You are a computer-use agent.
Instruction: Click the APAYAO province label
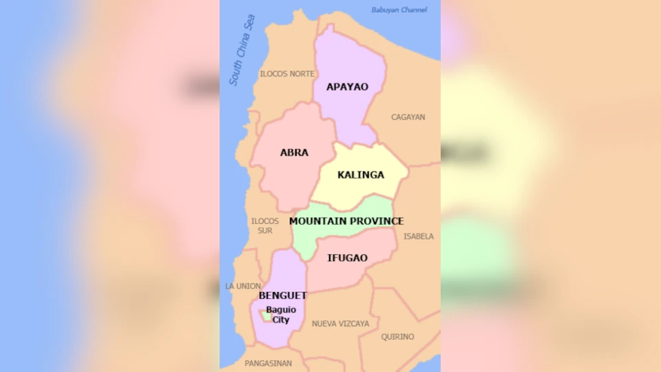click(347, 87)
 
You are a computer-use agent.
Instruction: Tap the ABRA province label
click(294, 152)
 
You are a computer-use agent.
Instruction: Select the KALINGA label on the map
click(361, 175)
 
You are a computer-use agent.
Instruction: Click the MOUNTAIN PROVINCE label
click(346, 221)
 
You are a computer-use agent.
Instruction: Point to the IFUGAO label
click(347, 258)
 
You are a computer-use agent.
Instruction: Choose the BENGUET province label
click(282, 296)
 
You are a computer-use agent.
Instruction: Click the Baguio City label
click(281, 315)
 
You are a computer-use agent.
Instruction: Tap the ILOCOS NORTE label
click(286, 74)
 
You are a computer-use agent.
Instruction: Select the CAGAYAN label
click(408, 117)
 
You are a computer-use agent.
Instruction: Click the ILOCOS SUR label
click(265, 226)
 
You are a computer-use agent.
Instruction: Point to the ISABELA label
click(419, 236)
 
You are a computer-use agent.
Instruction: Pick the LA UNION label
click(243, 286)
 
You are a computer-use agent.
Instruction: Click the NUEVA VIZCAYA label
click(340, 324)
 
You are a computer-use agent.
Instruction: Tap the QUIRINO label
click(398, 337)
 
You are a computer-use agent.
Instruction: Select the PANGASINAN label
click(268, 363)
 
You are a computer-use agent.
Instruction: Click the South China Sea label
click(242, 50)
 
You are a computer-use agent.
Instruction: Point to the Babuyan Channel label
click(399, 10)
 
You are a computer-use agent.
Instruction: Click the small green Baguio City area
click(265, 316)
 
